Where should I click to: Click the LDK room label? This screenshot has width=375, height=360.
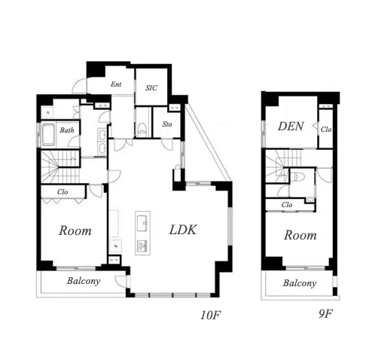click(x=183, y=230)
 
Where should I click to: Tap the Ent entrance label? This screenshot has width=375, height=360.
click(x=116, y=84)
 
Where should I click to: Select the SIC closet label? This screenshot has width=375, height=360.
click(x=151, y=87)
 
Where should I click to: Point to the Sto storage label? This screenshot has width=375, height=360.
click(x=167, y=124)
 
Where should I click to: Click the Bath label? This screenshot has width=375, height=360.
click(x=67, y=130)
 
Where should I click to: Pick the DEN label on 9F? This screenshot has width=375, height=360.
click(x=291, y=127)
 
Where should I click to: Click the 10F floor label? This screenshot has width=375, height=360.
click(x=211, y=315)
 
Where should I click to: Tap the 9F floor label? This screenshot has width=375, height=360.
click(x=325, y=313)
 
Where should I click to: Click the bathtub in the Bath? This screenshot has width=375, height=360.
click(x=48, y=135)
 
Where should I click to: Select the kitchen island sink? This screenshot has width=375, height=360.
click(x=143, y=223)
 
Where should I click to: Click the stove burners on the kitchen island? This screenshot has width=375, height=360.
click(x=142, y=246)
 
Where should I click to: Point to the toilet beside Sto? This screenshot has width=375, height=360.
click(x=142, y=129)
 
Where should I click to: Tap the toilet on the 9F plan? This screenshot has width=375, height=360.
click(x=299, y=176)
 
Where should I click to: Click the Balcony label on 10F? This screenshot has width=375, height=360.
click(x=84, y=281)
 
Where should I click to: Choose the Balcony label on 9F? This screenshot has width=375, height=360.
click(x=300, y=283)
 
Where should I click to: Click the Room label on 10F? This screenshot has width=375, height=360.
click(x=75, y=230)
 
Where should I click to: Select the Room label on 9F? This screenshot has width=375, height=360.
click(x=300, y=235)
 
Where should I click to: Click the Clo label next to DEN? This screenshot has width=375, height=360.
click(x=326, y=130)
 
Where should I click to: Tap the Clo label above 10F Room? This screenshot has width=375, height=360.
click(x=62, y=192)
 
